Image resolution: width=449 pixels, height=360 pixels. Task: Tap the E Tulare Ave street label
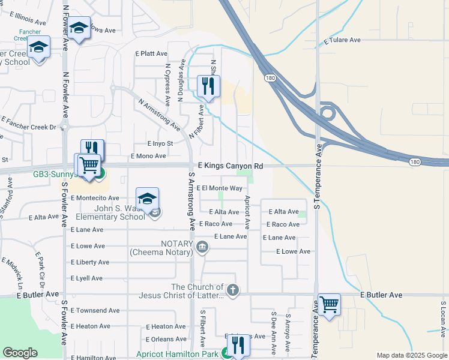tap(342, 41)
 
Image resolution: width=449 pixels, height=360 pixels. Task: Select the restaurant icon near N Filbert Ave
tap(208, 86)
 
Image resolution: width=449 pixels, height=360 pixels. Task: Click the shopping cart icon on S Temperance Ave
tap(329, 304)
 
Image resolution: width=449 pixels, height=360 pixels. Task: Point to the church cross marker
tap(233, 290)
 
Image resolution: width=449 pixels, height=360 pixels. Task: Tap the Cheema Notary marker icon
tap(202, 247)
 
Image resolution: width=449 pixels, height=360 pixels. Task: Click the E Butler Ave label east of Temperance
tap(381, 295)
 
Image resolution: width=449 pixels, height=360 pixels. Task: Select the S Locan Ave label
tap(444, 319)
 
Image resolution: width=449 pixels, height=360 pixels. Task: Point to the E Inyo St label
tap(160, 143)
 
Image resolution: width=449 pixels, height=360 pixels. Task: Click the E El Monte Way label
tap(219, 188)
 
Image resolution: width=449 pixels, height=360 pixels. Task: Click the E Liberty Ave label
tap(90, 262)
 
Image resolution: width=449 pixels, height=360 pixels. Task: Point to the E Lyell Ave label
tap(86, 278)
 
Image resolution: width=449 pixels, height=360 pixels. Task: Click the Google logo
tap(20, 353)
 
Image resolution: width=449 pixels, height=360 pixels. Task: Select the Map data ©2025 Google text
tap(411, 355)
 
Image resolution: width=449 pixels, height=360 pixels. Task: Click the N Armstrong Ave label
tap(159, 115)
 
